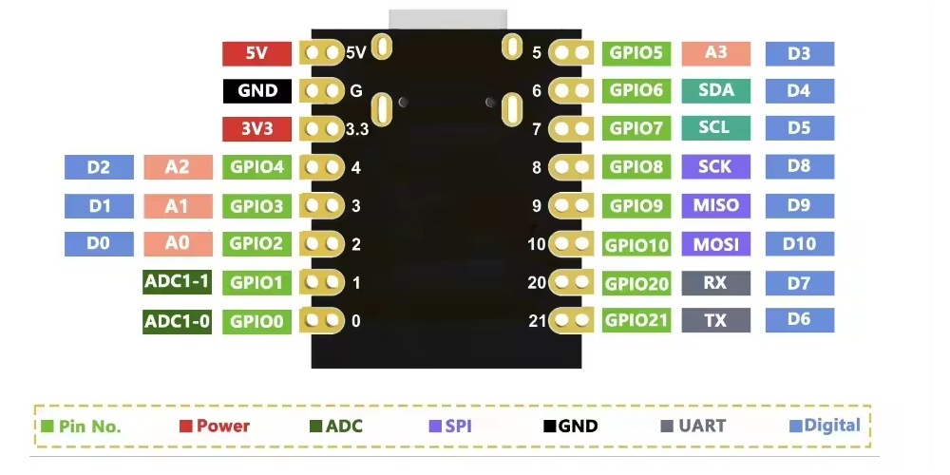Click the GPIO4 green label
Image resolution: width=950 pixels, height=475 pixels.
tap(256, 167)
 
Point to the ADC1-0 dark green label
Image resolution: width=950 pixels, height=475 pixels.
tap(177, 321)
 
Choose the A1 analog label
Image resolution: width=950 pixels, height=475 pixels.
tap(177, 205)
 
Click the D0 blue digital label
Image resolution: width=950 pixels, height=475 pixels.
tap(98, 243)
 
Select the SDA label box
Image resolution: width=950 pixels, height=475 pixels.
tap(715, 90)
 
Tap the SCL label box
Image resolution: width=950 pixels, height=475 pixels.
tap(715, 128)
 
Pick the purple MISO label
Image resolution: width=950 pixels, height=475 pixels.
tap(715, 205)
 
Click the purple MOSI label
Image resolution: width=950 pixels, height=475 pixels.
tap(715, 244)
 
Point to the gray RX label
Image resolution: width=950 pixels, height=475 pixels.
tap(715, 282)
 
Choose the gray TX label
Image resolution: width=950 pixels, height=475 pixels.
tap(715, 320)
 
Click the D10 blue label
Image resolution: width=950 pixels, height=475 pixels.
tap(799, 244)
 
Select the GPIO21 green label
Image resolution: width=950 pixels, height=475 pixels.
tap(637, 320)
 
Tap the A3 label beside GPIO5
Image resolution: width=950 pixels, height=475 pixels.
tap(715, 53)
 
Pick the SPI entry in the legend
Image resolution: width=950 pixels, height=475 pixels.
tap(450, 427)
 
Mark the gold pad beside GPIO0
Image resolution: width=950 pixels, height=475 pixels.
tap(322, 321)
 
